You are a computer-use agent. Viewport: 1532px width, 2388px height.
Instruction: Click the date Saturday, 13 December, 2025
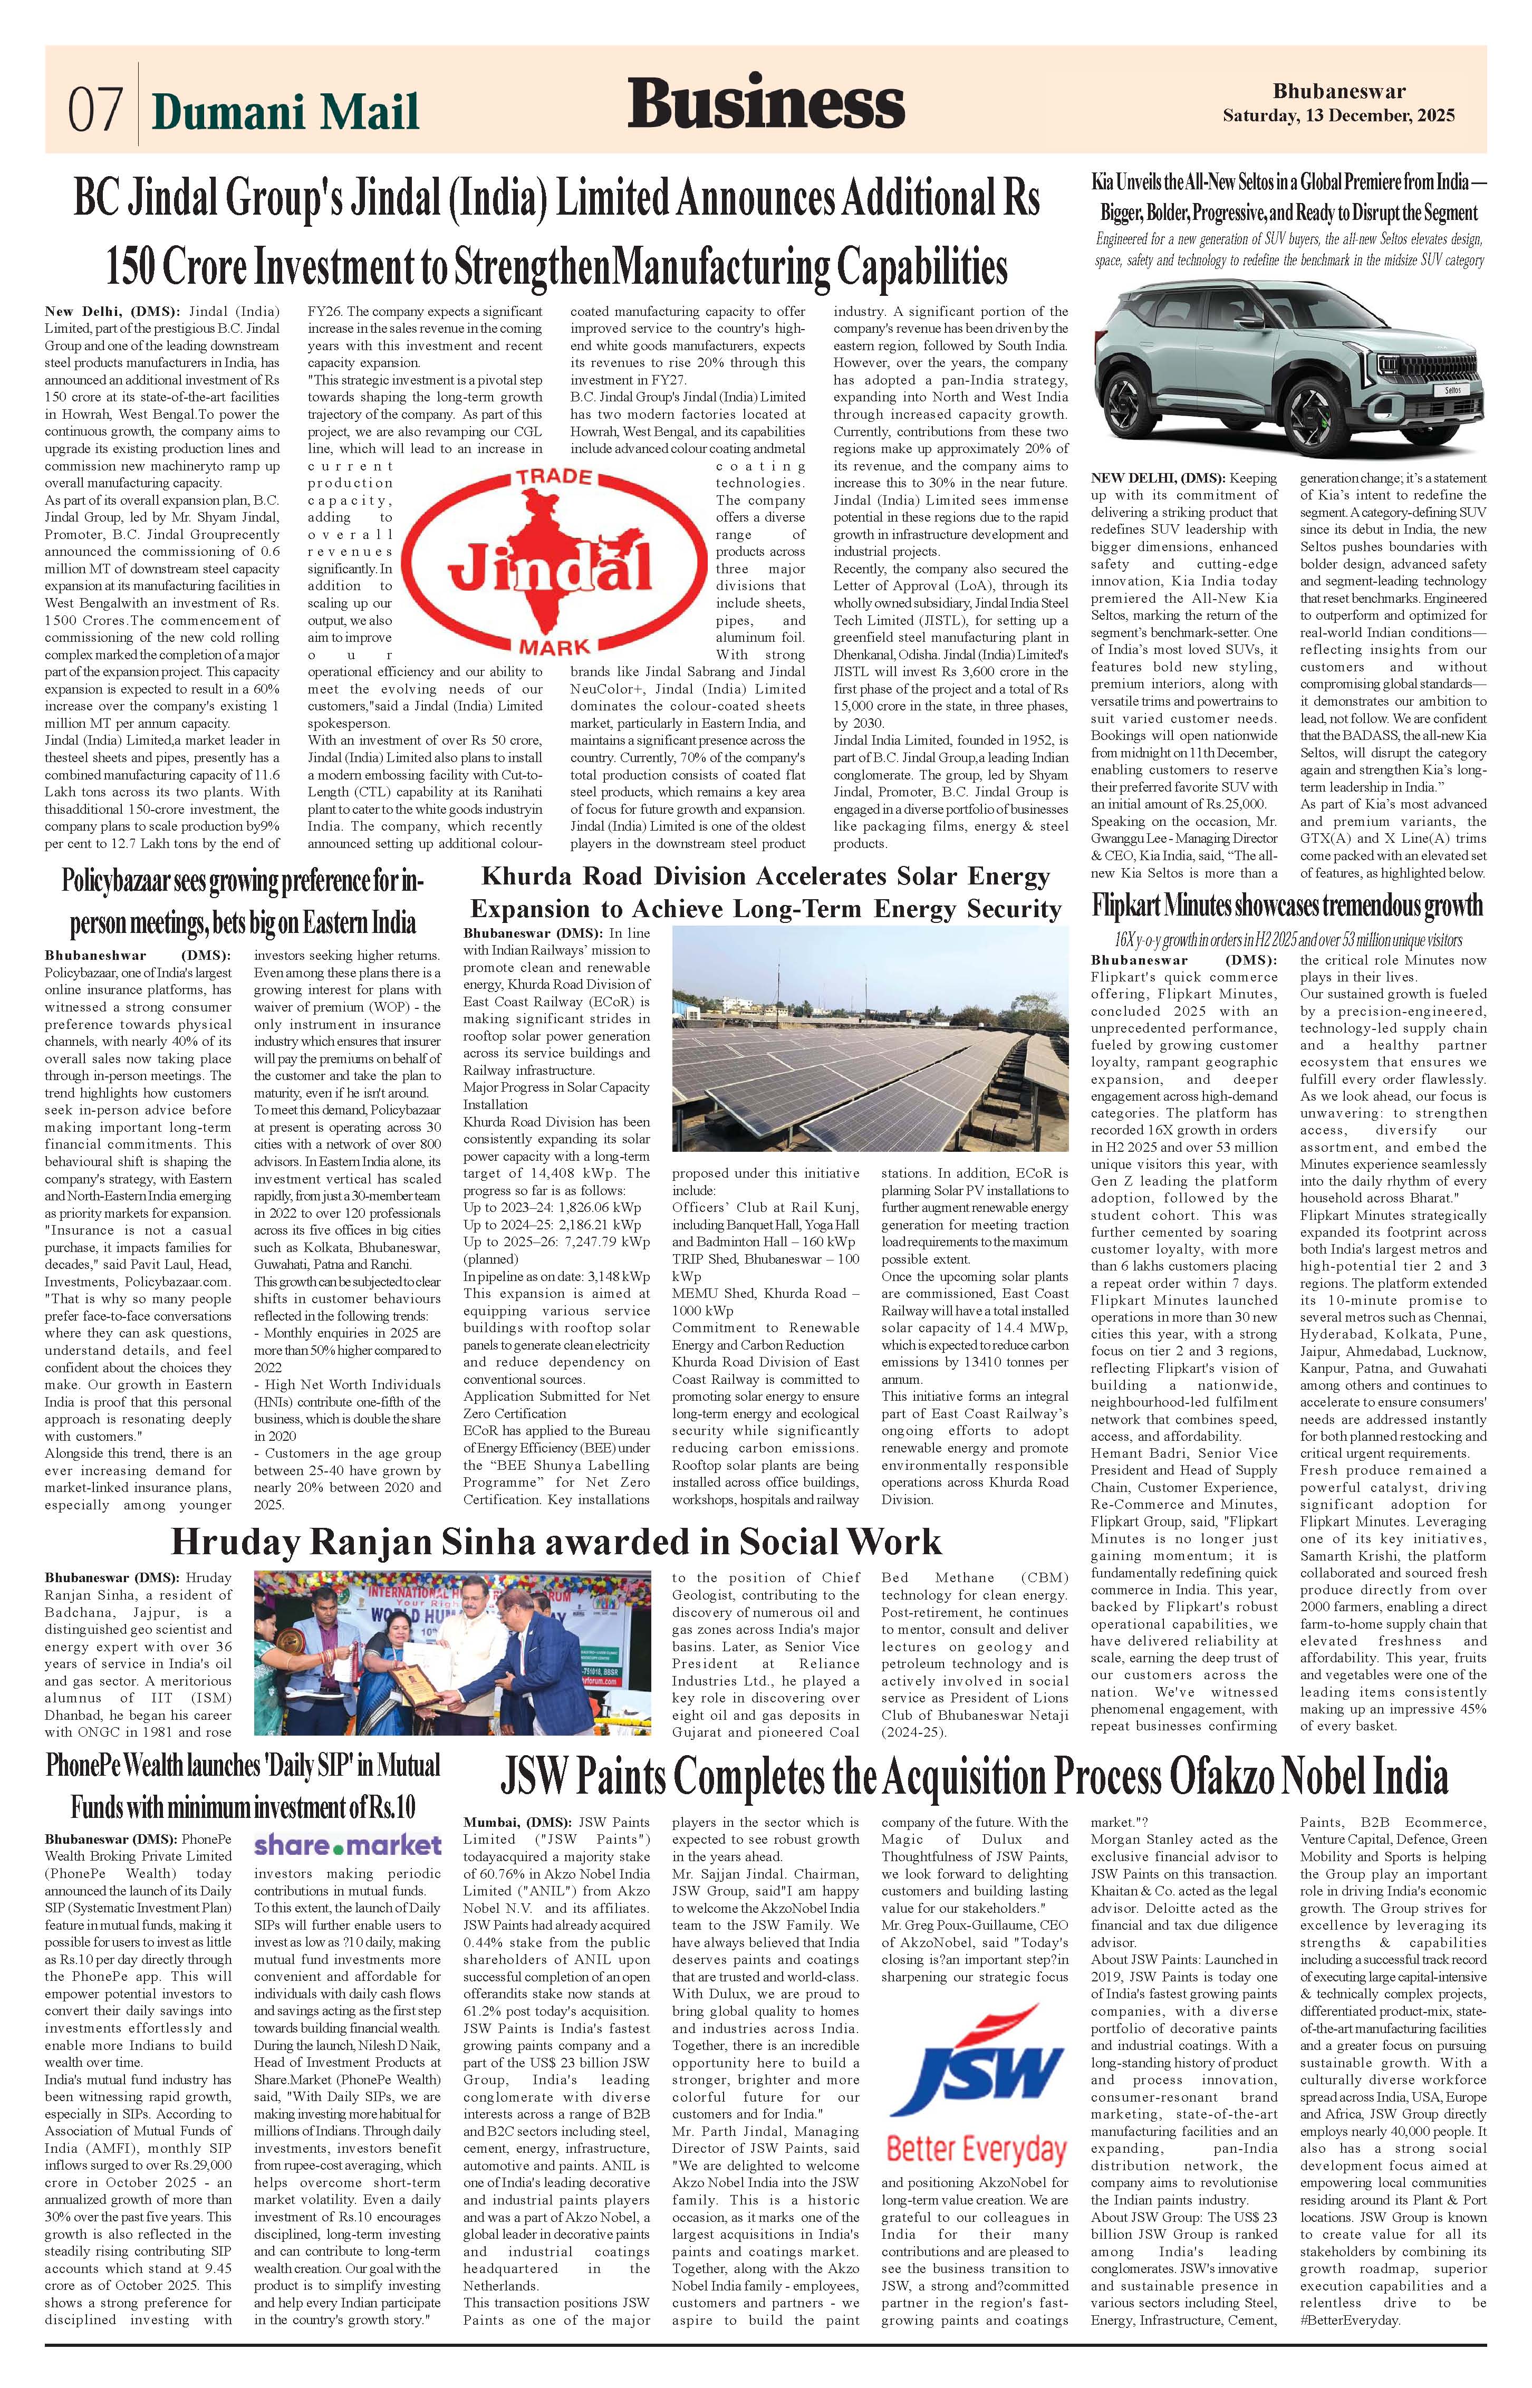(1338, 115)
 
